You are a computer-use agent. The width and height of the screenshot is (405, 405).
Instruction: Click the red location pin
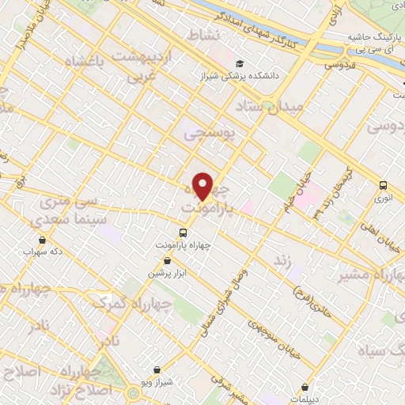pos(203,186)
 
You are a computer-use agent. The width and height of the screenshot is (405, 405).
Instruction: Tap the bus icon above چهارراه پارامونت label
pos(184,233)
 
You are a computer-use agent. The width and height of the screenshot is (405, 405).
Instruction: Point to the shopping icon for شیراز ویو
pos(157,369)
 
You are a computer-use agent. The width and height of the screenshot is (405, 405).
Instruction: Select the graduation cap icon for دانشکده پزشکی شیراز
pos(239,64)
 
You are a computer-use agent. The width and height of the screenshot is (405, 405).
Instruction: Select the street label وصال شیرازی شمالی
pos(229,297)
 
